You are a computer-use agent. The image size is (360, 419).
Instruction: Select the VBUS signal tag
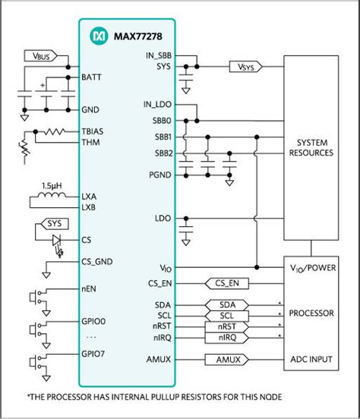(x=39, y=56)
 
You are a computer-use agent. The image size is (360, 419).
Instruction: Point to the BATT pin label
(x=92, y=77)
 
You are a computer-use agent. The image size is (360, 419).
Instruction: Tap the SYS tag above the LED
(x=54, y=225)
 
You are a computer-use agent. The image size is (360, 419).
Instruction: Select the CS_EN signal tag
(x=230, y=283)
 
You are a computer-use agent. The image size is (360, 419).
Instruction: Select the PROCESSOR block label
(x=311, y=312)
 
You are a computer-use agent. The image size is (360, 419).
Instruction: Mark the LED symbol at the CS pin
(x=57, y=239)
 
